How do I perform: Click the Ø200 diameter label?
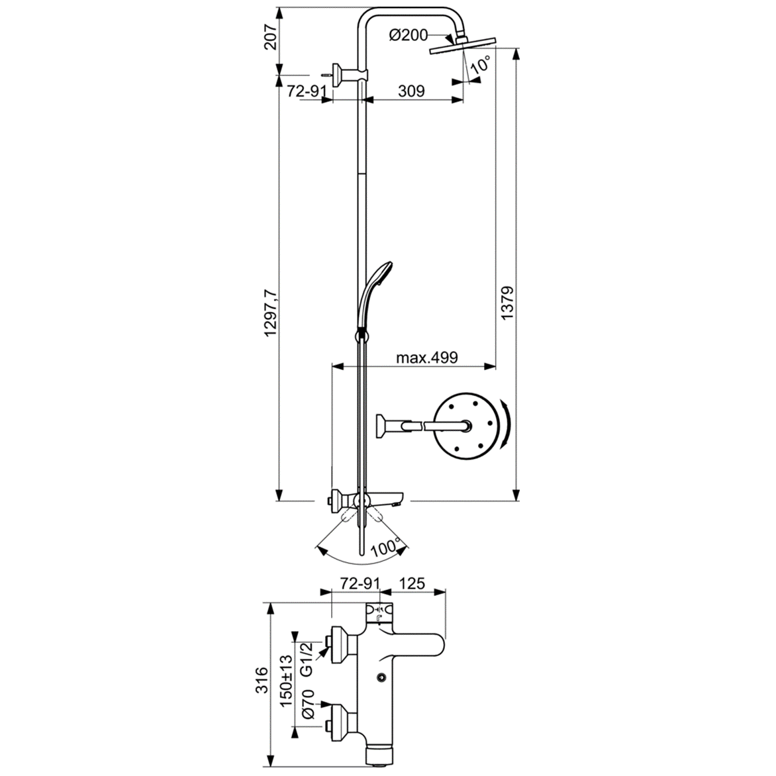pos(409,36)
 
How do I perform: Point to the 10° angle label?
pos(481,65)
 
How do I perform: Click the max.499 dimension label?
pos(427,358)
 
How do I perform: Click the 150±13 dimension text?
pos(286,683)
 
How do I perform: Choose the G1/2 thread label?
pos(307,659)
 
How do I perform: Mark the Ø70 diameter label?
pos(307,704)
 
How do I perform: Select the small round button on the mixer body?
pos(382,678)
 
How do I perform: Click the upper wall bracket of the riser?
pos(341,74)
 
